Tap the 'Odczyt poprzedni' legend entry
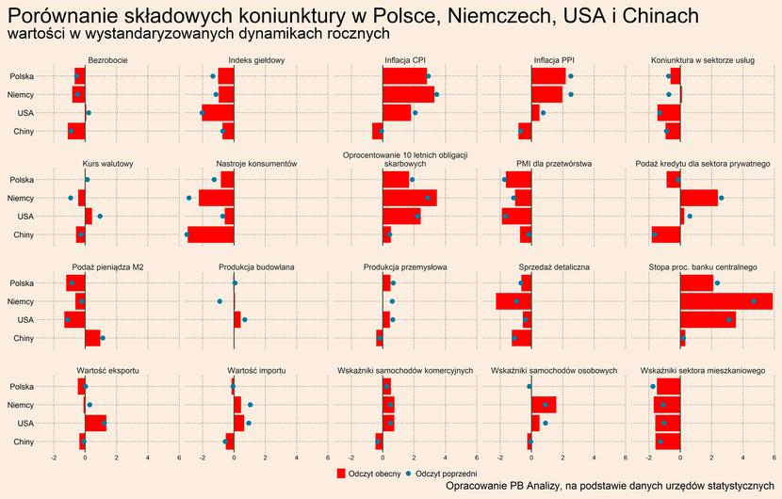[444, 472]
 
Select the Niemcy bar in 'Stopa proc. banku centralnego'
[725, 301]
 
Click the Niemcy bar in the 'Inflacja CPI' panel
[409, 94]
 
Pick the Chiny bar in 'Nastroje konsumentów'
[211, 234]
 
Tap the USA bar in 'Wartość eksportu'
[95, 423]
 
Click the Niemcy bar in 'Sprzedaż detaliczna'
[513, 301]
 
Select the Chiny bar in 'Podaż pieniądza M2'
[92, 338]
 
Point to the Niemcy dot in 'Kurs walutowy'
[71, 198]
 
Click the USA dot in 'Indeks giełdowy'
[202, 113]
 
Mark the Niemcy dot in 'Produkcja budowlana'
[220, 301]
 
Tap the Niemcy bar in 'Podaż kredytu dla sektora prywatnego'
[699, 198]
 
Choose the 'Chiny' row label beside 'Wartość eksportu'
[23, 442]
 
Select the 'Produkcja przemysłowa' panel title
[405, 267]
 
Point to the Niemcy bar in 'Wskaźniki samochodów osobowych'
[543, 405]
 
